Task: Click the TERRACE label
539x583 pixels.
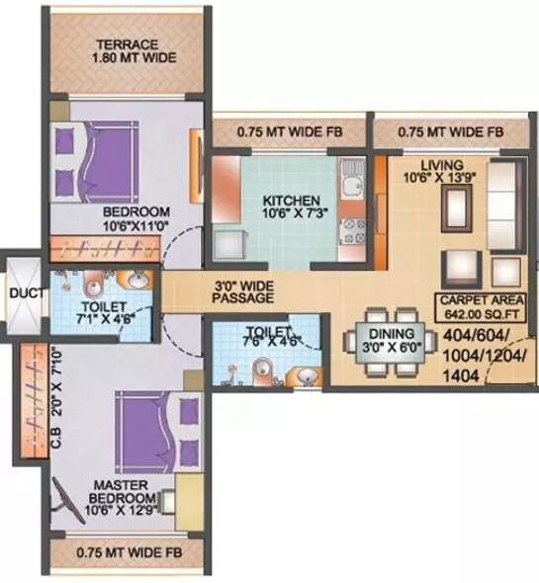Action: [128, 44]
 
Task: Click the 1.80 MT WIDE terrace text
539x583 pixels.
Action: [134, 58]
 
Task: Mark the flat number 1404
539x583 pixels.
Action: [463, 376]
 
